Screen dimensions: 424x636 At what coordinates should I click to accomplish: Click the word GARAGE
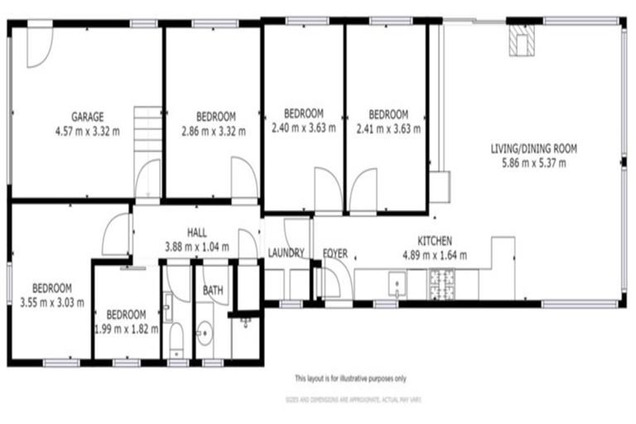[x=87, y=117]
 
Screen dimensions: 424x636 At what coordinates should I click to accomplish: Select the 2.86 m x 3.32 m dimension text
[x=213, y=129]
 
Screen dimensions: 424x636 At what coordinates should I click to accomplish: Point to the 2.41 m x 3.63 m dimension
[x=388, y=128]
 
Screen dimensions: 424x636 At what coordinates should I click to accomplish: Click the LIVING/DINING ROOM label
[x=533, y=149]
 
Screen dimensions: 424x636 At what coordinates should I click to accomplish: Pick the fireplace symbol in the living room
[x=521, y=41]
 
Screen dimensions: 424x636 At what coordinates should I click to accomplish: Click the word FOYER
[x=335, y=253]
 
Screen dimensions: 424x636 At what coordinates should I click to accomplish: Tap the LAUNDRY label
[x=287, y=253]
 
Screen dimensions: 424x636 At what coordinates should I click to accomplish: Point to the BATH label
[x=213, y=291]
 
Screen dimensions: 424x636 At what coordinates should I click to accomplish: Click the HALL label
[x=196, y=234]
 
